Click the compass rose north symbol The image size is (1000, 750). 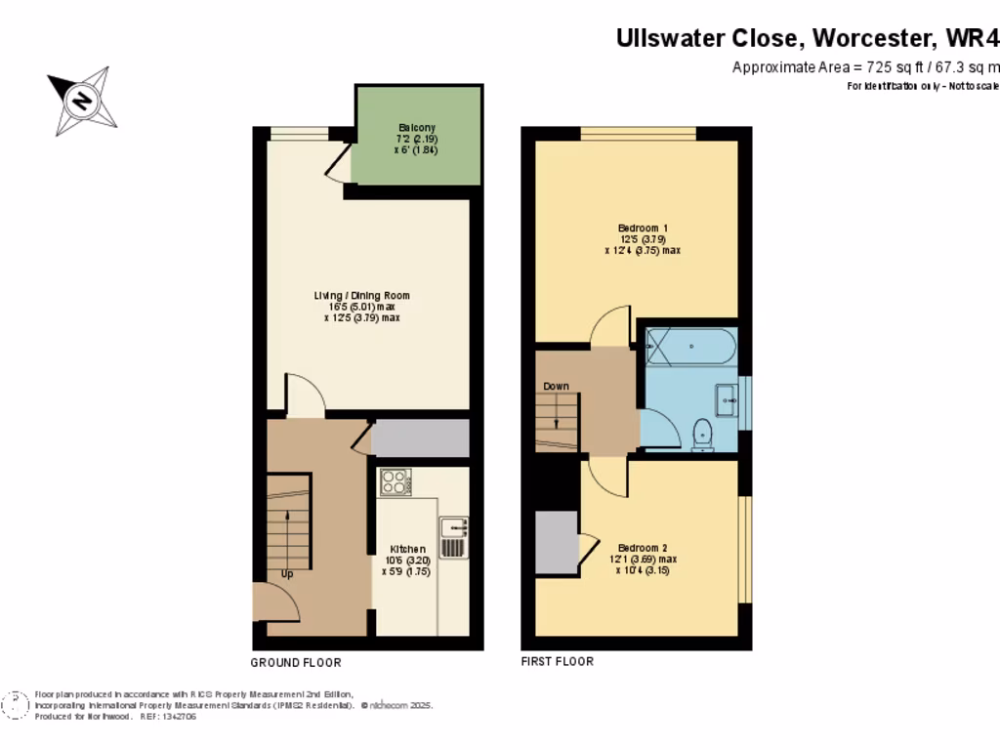click(x=82, y=101)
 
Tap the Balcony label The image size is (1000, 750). click(x=417, y=128)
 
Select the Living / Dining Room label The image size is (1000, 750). click(x=361, y=295)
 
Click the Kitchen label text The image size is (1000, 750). click(x=408, y=550)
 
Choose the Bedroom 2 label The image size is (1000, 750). click(x=642, y=548)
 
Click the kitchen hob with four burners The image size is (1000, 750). click(x=395, y=482)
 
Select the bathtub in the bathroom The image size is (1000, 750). click(x=690, y=345)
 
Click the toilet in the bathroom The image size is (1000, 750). click(x=702, y=435)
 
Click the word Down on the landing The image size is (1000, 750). click(x=556, y=387)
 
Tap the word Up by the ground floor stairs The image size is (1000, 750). click(x=287, y=574)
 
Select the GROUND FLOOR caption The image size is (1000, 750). click(x=296, y=663)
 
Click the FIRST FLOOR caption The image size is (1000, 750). click(x=557, y=662)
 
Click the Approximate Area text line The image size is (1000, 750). click(x=865, y=67)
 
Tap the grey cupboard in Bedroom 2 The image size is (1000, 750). click(x=556, y=541)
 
